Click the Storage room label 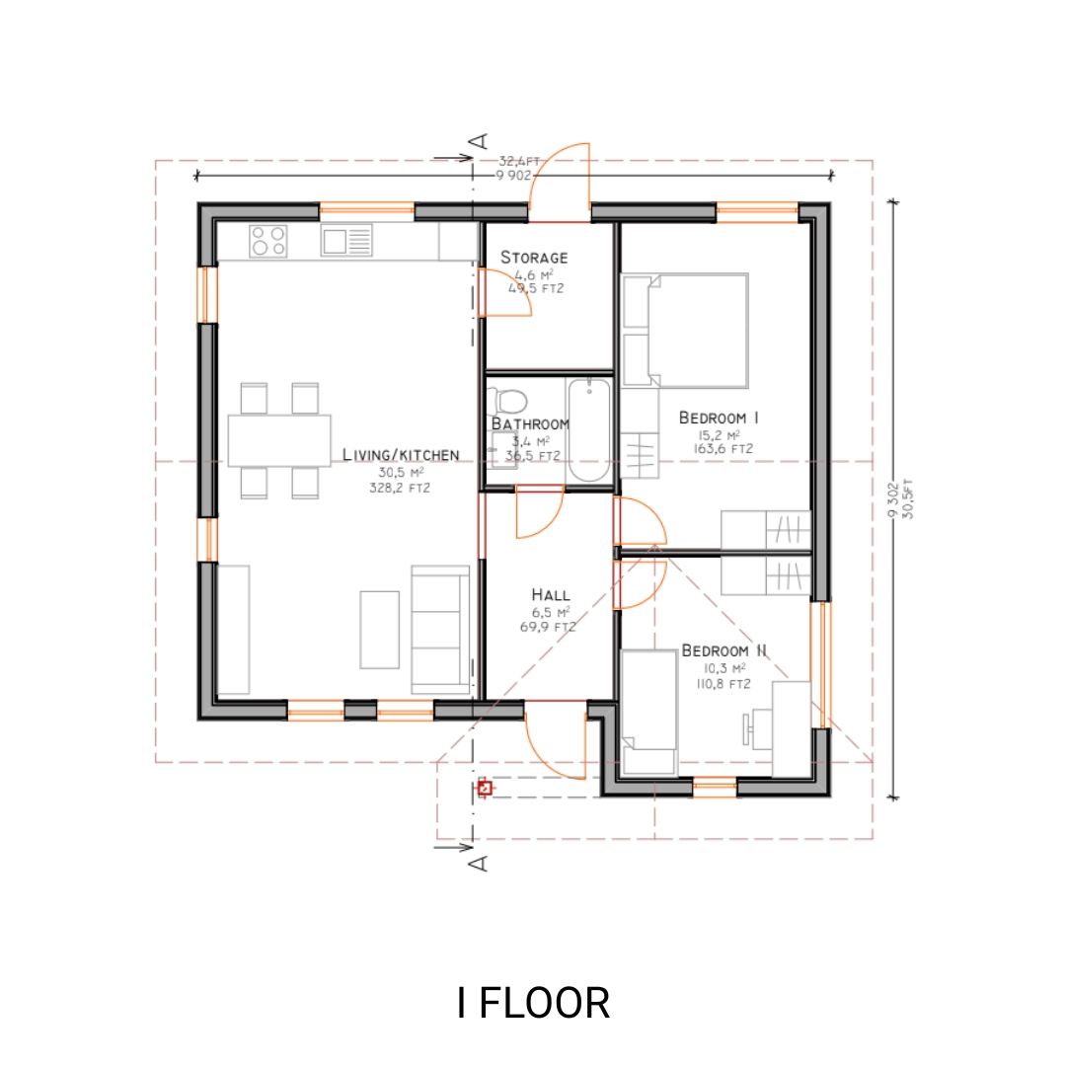(534, 258)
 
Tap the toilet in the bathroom (508, 401)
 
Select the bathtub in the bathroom (590, 430)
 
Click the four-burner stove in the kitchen (268, 240)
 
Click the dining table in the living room (280, 440)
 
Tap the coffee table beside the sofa (380, 629)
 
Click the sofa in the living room (440, 628)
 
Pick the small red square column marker (484, 788)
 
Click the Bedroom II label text (724, 651)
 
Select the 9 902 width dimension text (513, 176)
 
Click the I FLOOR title (533, 1003)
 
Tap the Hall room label (550, 595)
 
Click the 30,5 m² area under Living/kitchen (400, 472)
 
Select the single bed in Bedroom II (648, 712)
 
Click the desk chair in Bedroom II (750, 728)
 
